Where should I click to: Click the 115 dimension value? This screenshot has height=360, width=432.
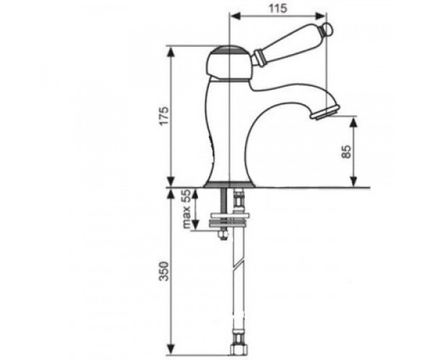(278, 8)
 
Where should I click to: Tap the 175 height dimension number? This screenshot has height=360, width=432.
(164, 116)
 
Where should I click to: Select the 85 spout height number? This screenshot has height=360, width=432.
(346, 152)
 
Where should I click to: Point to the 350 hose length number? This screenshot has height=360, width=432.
(164, 271)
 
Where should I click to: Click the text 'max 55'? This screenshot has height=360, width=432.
(186, 209)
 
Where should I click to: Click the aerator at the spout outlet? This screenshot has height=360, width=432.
(324, 113)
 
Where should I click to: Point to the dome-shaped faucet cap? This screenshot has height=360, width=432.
(229, 63)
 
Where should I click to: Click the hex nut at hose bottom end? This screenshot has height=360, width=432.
(237, 350)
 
